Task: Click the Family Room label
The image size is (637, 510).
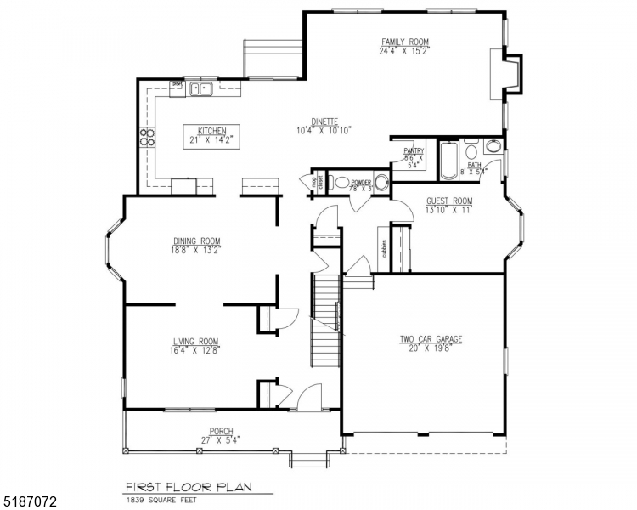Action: click(404, 42)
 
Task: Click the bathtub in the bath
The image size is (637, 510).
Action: click(448, 161)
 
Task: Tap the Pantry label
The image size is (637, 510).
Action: click(414, 151)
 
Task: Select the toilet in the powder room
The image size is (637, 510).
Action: click(341, 182)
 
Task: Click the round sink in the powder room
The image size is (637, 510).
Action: click(382, 182)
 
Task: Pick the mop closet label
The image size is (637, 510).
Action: click(314, 182)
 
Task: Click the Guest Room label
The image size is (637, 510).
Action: click(449, 201)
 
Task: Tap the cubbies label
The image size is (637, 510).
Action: click(384, 248)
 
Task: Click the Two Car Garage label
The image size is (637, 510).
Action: click(431, 339)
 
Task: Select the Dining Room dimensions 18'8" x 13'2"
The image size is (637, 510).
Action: click(196, 250)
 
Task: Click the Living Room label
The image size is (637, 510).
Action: click(196, 342)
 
